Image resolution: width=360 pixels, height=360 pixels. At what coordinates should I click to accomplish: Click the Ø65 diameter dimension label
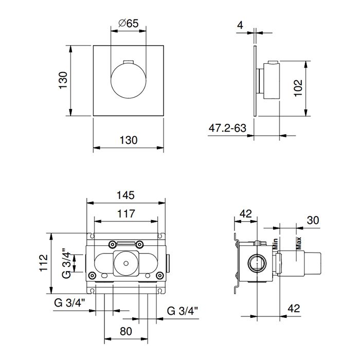(x=129, y=23)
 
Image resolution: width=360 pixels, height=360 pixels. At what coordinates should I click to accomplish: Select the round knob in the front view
(x=129, y=81)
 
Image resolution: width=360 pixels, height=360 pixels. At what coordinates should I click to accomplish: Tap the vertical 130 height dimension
(x=63, y=80)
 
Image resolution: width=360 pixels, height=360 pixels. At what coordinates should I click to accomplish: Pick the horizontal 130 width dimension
(x=129, y=140)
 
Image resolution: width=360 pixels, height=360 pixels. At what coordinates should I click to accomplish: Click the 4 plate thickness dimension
(x=240, y=25)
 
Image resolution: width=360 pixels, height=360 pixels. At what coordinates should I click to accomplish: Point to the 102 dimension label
(x=298, y=88)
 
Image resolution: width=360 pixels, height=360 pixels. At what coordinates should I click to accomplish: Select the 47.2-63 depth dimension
(x=227, y=128)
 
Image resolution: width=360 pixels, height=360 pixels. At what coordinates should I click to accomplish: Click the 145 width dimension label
(x=125, y=195)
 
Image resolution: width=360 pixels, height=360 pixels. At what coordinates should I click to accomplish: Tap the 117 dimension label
(x=126, y=214)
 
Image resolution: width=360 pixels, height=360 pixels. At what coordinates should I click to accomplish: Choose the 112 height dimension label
(x=44, y=263)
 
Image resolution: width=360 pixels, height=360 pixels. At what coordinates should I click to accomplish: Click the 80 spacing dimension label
(x=126, y=331)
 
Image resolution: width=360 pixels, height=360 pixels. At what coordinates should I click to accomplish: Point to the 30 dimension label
(x=313, y=221)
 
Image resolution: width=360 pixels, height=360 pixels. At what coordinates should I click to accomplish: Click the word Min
(x=275, y=244)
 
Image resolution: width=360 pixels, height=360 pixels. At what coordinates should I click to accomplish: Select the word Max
(x=298, y=243)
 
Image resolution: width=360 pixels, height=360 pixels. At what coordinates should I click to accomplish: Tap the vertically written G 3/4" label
(x=66, y=263)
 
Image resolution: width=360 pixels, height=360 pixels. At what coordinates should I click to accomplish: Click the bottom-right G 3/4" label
(x=182, y=311)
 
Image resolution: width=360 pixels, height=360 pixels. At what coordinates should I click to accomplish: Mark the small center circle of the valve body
(x=126, y=263)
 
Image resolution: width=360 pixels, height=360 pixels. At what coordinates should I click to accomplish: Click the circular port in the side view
(x=257, y=263)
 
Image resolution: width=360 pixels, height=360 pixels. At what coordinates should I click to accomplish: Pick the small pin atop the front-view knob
(x=129, y=62)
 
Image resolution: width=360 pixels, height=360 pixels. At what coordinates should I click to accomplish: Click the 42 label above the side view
(x=246, y=214)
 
